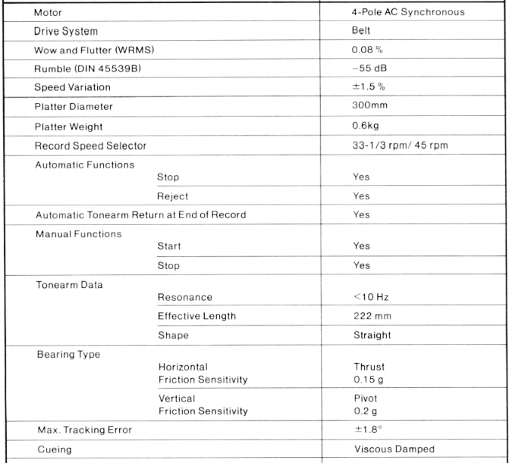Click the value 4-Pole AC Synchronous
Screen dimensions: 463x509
tap(403, 11)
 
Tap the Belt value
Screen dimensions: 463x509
tap(353, 31)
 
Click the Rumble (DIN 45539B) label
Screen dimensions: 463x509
tap(87, 68)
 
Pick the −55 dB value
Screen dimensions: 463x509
tap(362, 68)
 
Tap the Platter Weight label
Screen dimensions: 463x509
tap(72, 126)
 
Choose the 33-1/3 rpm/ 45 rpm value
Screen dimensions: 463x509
tap(397, 145)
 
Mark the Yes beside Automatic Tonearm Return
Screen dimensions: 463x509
tap(362, 214)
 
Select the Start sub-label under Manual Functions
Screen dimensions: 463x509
tap(168, 246)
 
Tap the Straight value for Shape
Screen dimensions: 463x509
tap(372, 334)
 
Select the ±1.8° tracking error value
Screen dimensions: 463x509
tap(365, 430)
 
